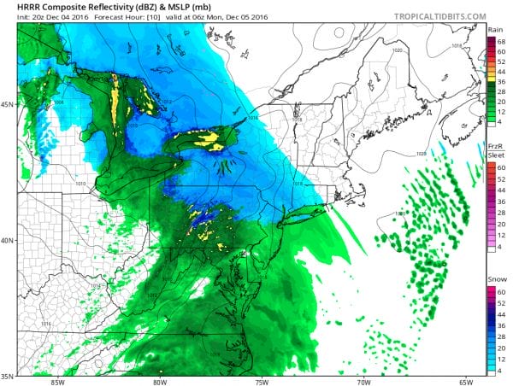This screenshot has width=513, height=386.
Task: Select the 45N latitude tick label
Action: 7,105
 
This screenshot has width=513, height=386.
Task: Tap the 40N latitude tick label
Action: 7,240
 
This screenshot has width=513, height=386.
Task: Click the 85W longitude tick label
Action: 57,381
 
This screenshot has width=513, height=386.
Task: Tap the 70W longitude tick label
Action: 363,381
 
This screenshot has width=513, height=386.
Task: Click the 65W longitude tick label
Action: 465,381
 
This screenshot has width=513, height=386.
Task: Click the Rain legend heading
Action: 495,30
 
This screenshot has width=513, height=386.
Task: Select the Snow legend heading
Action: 495,280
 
